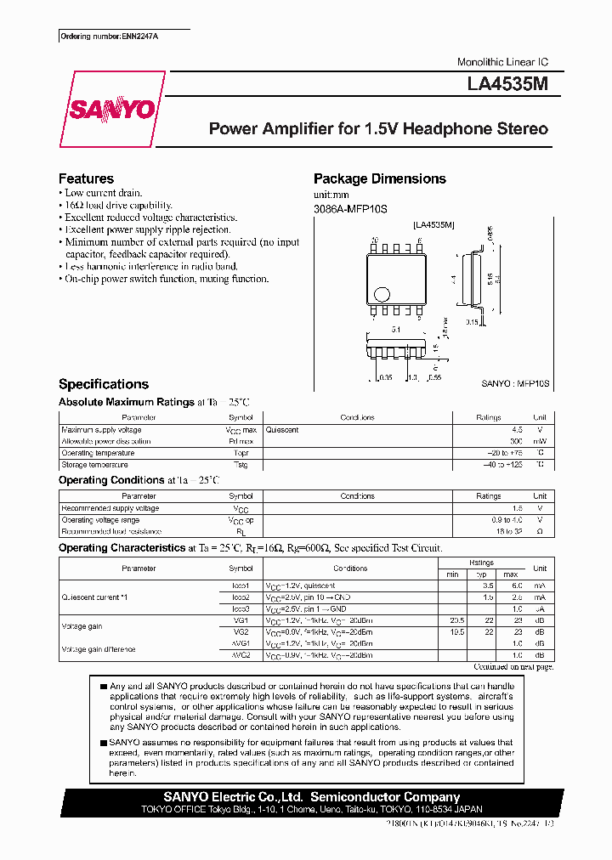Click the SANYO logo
(x=112, y=110)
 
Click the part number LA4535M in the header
(x=513, y=86)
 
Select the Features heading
(x=86, y=178)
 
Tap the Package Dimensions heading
(x=379, y=178)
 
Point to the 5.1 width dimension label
(x=396, y=329)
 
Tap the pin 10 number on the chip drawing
(x=375, y=240)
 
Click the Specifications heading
(x=103, y=384)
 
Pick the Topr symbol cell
(x=241, y=453)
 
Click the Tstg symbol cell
(x=241, y=465)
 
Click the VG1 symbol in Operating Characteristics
(x=241, y=621)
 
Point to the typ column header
(x=489, y=574)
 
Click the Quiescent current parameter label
(x=94, y=597)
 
